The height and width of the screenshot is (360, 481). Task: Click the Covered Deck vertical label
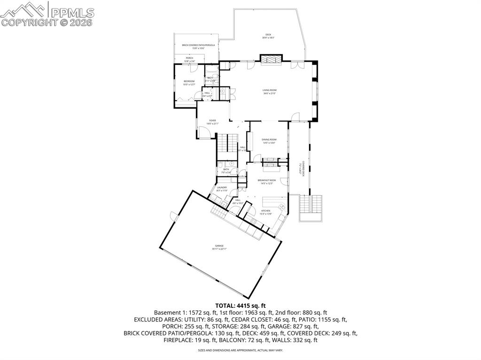tap(303, 169)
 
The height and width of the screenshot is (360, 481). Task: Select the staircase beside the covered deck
tap(311, 205)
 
